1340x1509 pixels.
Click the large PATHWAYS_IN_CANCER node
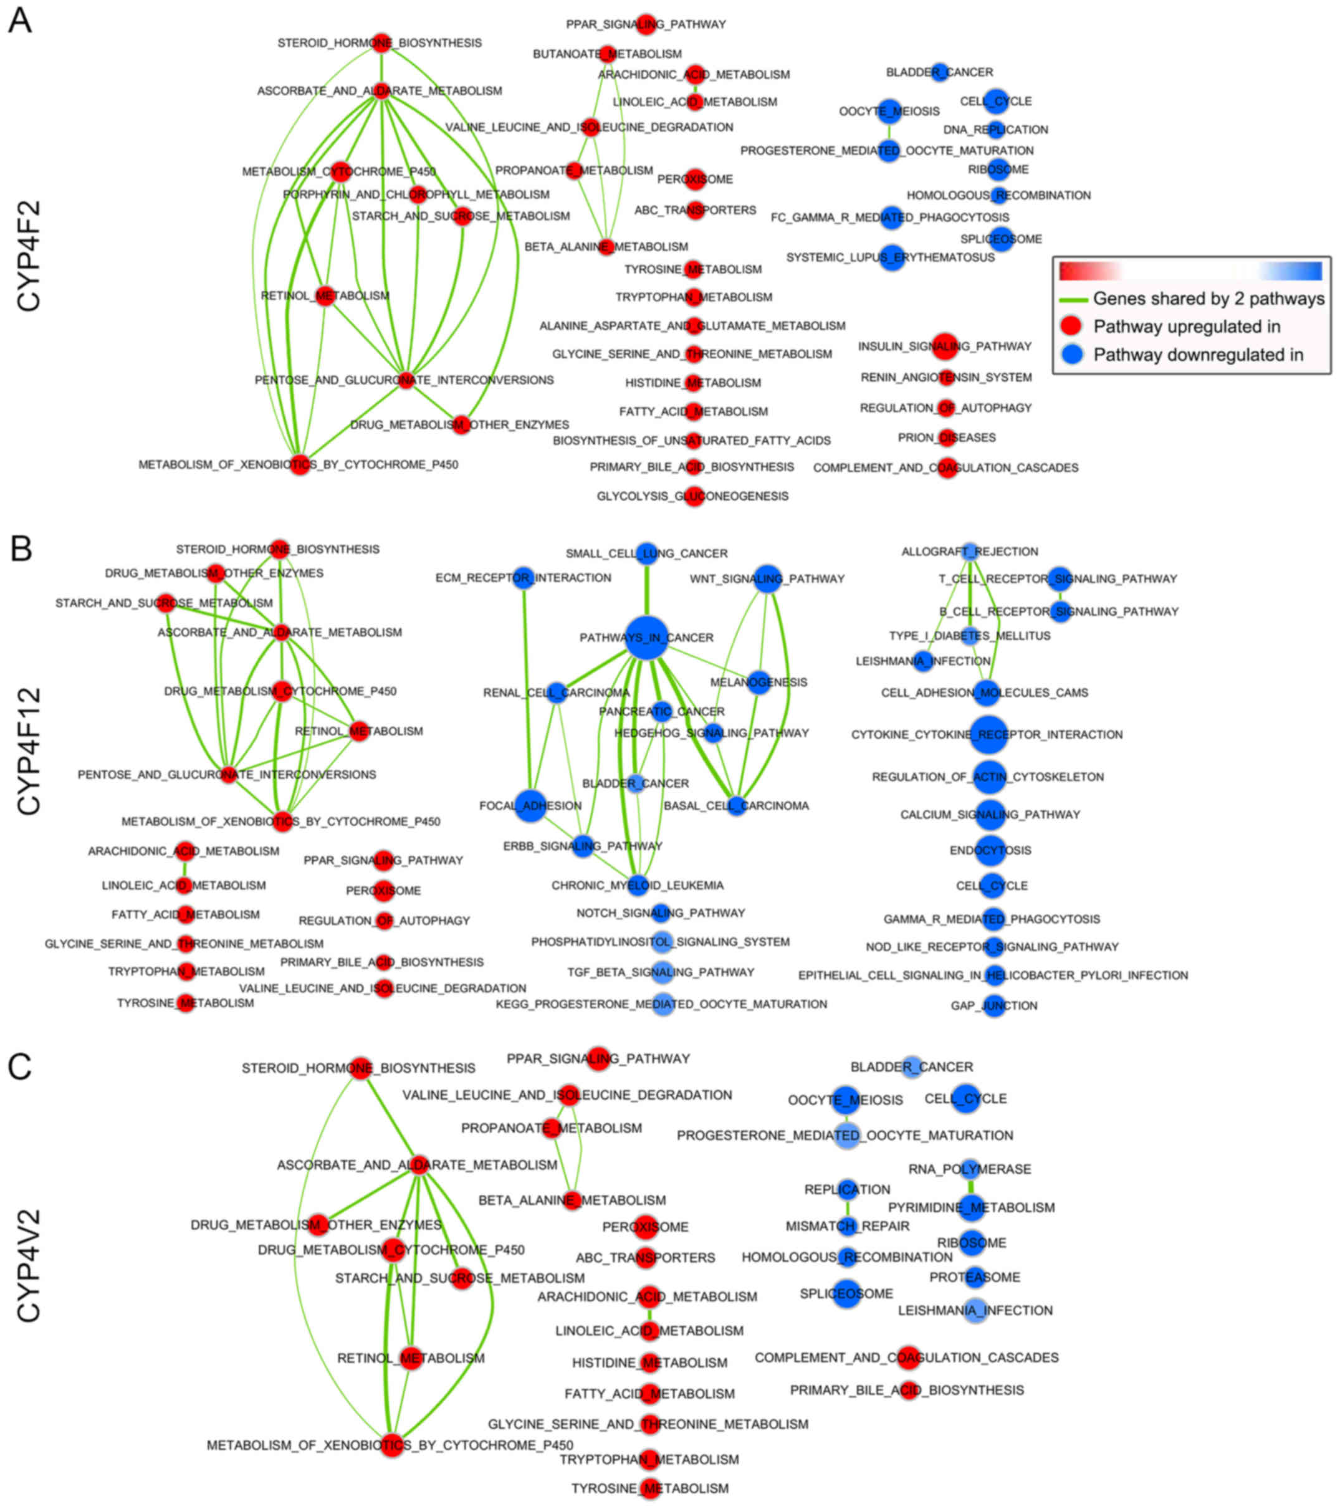[647, 637]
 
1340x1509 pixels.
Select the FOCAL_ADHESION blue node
[530, 805]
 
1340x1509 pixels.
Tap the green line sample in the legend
[1073, 300]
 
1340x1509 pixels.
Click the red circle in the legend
[1071, 327]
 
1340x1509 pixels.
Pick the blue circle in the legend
[1071, 355]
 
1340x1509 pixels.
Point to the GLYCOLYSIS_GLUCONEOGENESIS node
[693, 496]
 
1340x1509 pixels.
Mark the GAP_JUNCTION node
[995, 1005]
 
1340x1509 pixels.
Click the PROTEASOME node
[975, 1277]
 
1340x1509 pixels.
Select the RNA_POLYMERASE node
[970, 1169]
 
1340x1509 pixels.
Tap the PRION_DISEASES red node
[947, 438]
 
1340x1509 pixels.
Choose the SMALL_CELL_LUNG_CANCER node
[647, 553]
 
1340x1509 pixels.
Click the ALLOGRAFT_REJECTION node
[970, 552]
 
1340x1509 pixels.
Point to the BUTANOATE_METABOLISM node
[607, 54]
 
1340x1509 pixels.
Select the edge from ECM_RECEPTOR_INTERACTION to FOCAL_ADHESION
[527, 687]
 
